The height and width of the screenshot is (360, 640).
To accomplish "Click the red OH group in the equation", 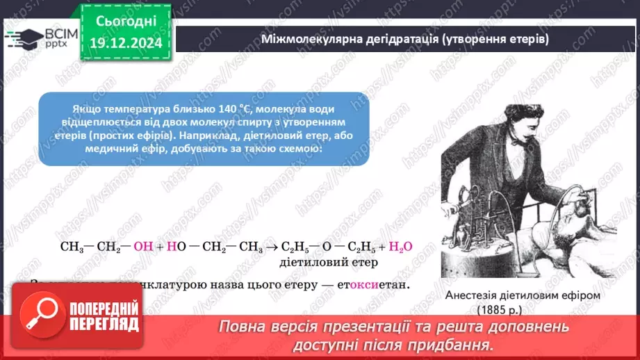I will click(142, 247).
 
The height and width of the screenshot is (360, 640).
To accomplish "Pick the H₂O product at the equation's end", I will click(401, 247).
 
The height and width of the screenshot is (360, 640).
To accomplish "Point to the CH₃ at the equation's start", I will click(72, 247).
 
